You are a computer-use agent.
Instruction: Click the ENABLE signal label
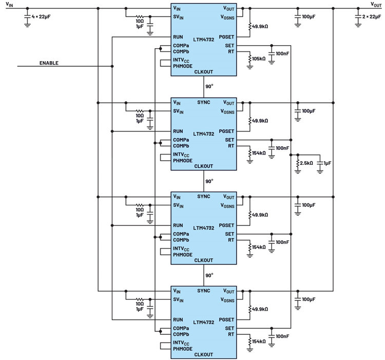pyautogui.click(x=49, y=63)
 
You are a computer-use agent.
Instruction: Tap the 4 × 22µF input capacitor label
pyautogui.click(x=41, y=17)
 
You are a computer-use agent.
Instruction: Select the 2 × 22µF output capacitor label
pyautogui.click(x=372, y=17)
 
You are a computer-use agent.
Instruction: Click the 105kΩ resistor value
pyautogui.click(x=259, y=59)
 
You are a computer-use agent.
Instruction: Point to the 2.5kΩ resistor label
pyautogui.click(x=306, y=163)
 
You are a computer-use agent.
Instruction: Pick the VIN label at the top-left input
pyautogui.click(x=9, y=5)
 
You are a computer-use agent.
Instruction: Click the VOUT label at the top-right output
pyautogui.click(x=376, y=5)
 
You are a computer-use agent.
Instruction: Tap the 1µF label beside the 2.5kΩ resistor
pyautogui.click(x=328, y=163)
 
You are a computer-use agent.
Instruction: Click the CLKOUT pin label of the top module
pyautogui.click(x=204, y=72)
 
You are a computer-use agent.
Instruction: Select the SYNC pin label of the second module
pyautogui.click(x=204, y=102)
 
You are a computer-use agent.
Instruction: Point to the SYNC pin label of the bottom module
pyautogui.click(x=204, y=291)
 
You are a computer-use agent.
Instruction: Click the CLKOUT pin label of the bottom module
pyautogui.click(x=204, y=354)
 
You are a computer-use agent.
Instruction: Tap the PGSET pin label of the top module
pyautogui.click(x=226, y=37)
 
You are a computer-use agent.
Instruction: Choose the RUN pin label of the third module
pyautogui.click(x=178, y=225)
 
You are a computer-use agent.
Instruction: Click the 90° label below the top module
pyautogui.click(x=209, y=86)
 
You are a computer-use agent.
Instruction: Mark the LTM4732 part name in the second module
pyautogui.click(x=204, y=134)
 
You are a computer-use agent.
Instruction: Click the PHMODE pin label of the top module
pyautogui.click(x=183, y=66)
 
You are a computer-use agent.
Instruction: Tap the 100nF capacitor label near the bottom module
pyautogui.click(x=282, y=336)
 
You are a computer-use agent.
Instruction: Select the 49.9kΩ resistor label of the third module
pyautogui.click(x=260, y=215)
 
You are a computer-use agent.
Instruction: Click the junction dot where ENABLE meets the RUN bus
pyautogui.click(x=112, y=66)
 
